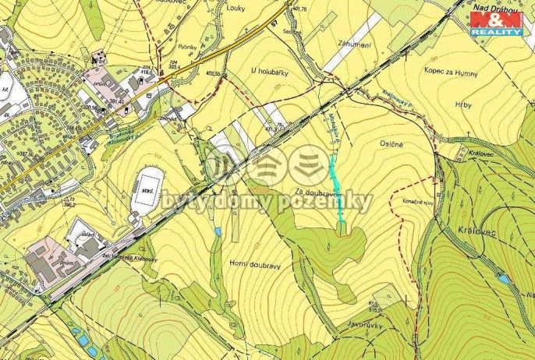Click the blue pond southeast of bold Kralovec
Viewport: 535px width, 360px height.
pos(503,278)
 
